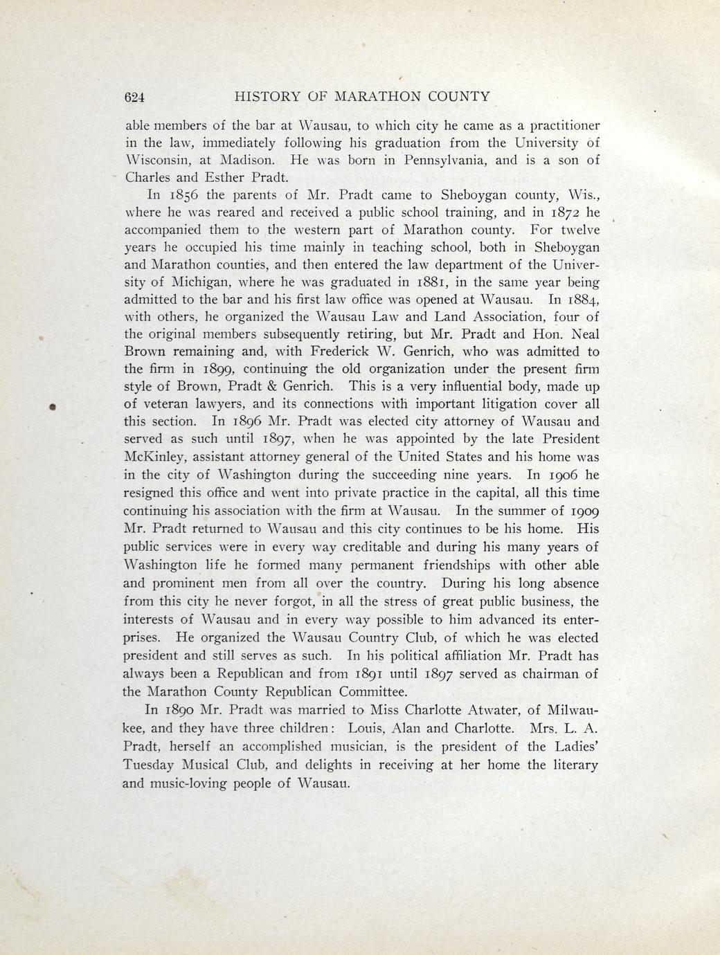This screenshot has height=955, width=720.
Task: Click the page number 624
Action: coord(133,98)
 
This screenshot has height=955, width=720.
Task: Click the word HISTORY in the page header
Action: coord(266,97)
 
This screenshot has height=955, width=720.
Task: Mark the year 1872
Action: coord(565,213)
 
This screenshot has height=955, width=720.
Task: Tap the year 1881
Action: coord(437,283)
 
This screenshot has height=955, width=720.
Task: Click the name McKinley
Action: coord(155,457)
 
